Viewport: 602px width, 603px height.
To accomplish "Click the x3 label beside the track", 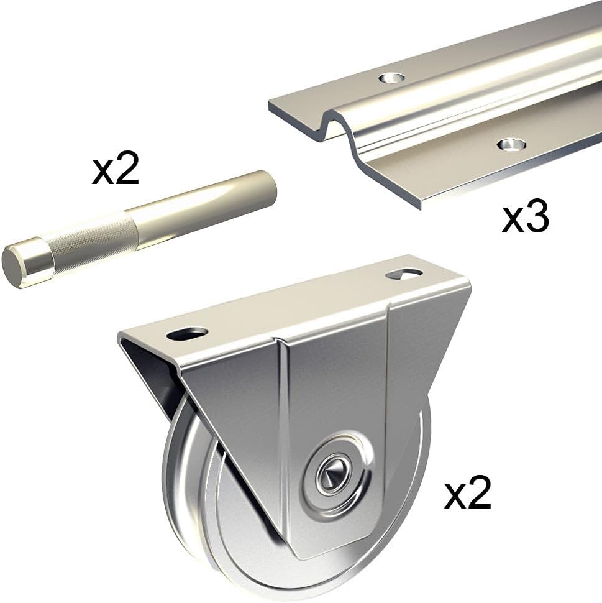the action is click(x=525, y=218).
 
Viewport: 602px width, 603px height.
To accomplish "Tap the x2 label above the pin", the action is click(x=115, y=169).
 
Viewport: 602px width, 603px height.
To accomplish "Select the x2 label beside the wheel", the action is click(x=467, y=494).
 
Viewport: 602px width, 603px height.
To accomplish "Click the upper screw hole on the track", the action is click(x=392, y=78).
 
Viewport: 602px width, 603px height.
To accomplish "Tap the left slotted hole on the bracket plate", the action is click(x=188, y=333).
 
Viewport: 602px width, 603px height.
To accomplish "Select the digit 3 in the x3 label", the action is click(x=537, y=218).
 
